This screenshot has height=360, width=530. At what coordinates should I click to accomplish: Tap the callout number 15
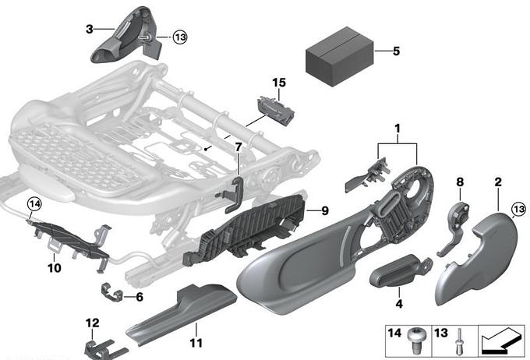pos(279,83)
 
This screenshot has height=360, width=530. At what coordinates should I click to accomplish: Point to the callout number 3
pos(89,29)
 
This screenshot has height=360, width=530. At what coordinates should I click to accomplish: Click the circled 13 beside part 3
pos(180,37)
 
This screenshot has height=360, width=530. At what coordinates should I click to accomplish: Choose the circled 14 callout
pos(33,204)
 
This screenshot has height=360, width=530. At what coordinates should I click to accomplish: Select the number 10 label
pos(54,266)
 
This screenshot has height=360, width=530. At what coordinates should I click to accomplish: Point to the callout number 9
pos(325,210)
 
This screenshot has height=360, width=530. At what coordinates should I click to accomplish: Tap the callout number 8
pos(460,182)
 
